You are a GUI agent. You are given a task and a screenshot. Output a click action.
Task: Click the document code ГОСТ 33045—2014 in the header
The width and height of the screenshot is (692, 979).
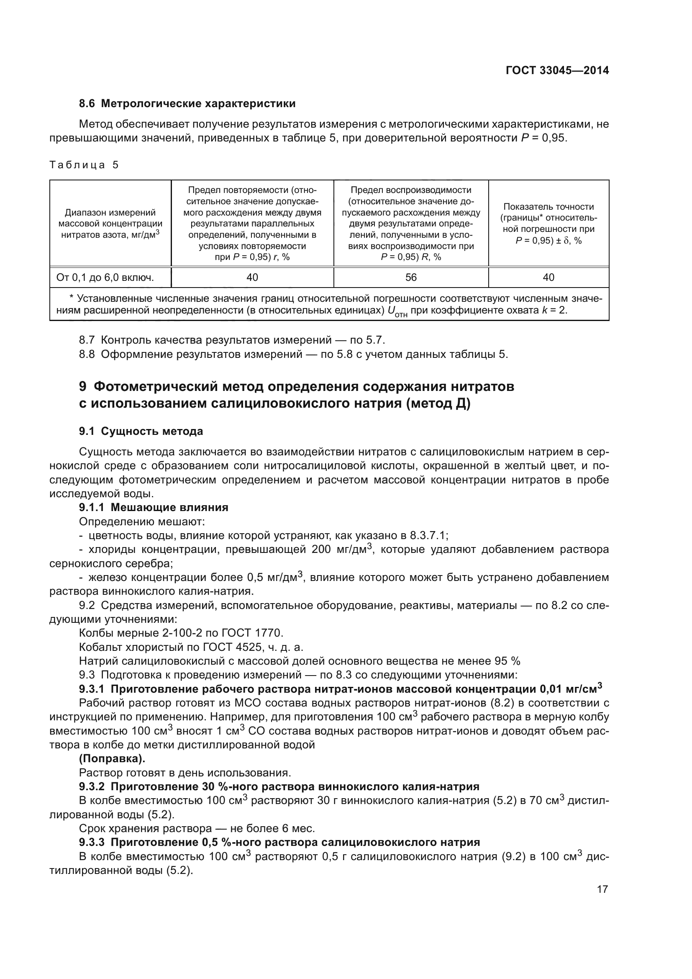[x=557, y=70]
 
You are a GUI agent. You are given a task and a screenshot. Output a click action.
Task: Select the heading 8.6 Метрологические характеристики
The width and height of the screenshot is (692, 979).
[x=187, y=104]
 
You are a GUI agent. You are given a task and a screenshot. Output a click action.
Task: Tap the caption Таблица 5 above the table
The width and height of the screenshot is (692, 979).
[x=84, y=165]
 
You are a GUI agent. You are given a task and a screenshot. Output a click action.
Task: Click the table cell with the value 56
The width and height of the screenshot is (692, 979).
[x=411, y=278]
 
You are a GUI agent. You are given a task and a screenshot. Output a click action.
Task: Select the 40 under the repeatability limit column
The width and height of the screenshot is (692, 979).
[x=252, y=278]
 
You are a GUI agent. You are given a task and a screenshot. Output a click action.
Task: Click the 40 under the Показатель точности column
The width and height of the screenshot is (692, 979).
[x=548, y=278]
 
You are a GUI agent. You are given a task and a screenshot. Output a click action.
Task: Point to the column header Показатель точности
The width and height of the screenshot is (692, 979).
[x=548, y=207]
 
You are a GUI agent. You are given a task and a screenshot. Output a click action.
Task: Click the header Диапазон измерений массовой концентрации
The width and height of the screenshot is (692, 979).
[x=110, y=218]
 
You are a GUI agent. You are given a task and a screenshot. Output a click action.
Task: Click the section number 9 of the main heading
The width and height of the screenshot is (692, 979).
[x=83, y=387]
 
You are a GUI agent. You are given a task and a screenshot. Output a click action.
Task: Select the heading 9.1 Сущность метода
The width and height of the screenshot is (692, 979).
[x=141, y=432]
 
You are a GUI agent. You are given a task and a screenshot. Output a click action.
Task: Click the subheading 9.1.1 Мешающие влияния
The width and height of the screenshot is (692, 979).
[x=154, y=507]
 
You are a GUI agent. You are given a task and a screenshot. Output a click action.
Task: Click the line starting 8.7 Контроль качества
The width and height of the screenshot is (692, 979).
[x=232, y=340]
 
